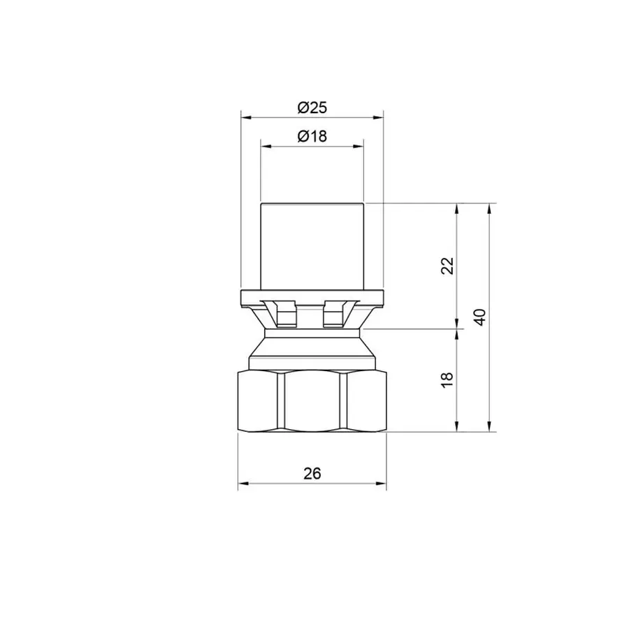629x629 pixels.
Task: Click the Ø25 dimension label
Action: click(312, 108)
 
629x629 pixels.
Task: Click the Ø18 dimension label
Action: click(312, 136)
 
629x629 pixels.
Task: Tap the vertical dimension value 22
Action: click(447, 266)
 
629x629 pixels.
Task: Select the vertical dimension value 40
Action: click(479, 317)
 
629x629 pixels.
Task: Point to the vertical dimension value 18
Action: click(447, 379)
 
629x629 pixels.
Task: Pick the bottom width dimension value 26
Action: click(312, 474)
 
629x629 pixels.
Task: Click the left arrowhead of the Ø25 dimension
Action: click(246, 117)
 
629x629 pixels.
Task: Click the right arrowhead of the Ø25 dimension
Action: click(379, 117)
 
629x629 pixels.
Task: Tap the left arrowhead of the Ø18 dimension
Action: click(266, 147)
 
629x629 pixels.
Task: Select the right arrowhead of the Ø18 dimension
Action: click(359, 147)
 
